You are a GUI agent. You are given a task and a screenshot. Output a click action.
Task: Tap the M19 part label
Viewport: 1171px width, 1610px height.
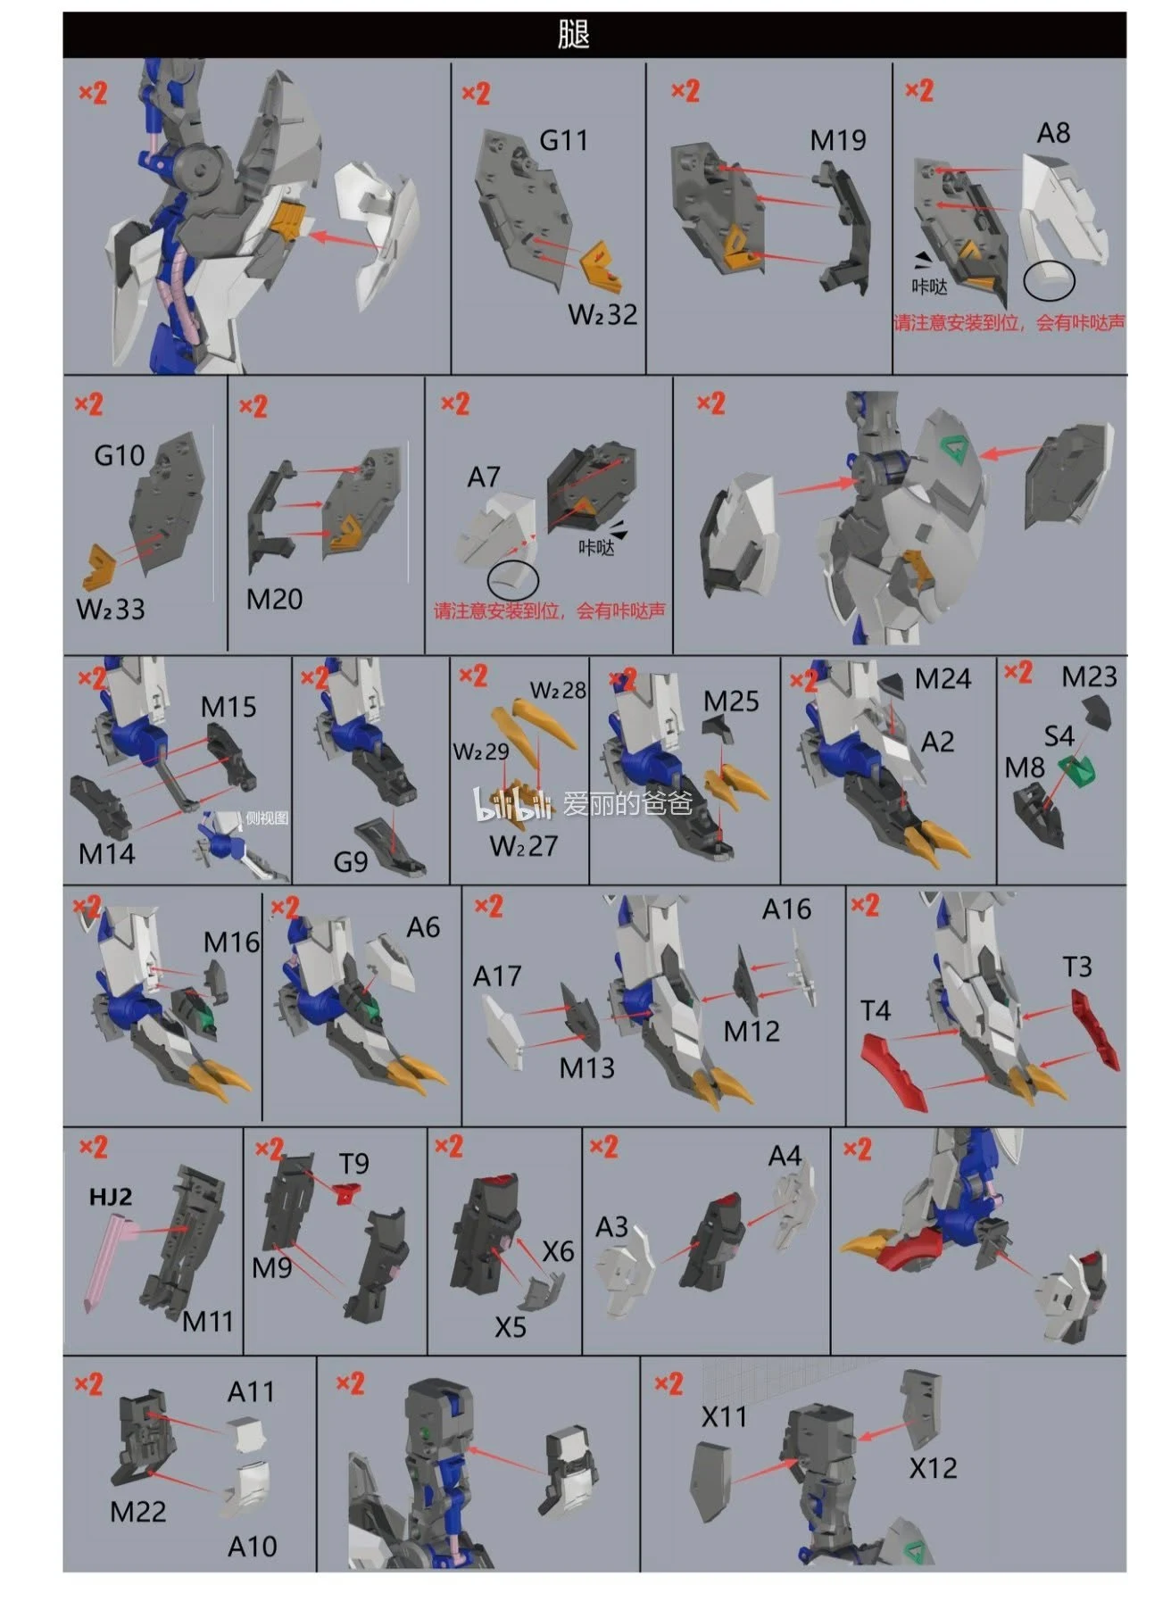(x=838, y=140)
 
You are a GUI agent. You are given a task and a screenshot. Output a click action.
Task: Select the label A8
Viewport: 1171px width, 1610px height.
(x=1053, y=133)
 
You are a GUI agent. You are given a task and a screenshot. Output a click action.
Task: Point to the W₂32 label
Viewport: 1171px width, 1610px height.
(x=602, y=314)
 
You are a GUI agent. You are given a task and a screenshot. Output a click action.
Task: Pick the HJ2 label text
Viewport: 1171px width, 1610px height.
(x=111, y=1196)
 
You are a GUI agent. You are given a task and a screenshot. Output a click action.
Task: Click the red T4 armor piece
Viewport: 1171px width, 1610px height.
(x=894, y=1071)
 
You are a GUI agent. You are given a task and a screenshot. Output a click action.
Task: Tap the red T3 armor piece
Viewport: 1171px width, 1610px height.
(x=1094, y=1031)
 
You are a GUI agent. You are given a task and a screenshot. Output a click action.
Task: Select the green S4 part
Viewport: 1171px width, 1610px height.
(x=1077, y=770)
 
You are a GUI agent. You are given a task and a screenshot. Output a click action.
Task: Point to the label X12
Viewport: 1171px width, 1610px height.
(x=933, y=1468)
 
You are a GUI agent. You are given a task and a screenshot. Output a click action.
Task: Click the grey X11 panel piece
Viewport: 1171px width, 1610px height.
(x=712, y=1482)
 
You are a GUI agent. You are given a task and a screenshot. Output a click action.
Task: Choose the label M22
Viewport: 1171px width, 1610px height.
(x=138, y=1511)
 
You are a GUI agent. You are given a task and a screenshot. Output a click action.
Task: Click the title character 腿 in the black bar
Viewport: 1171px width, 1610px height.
(x=574, y=36)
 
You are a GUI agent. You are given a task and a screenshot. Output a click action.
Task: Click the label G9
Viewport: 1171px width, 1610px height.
(x=350, y=861)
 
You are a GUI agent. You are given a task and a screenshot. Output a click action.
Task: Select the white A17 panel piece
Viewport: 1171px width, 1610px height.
(x=504, y=1031)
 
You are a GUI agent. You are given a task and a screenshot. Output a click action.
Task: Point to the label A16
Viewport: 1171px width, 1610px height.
(x=786, y=909)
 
